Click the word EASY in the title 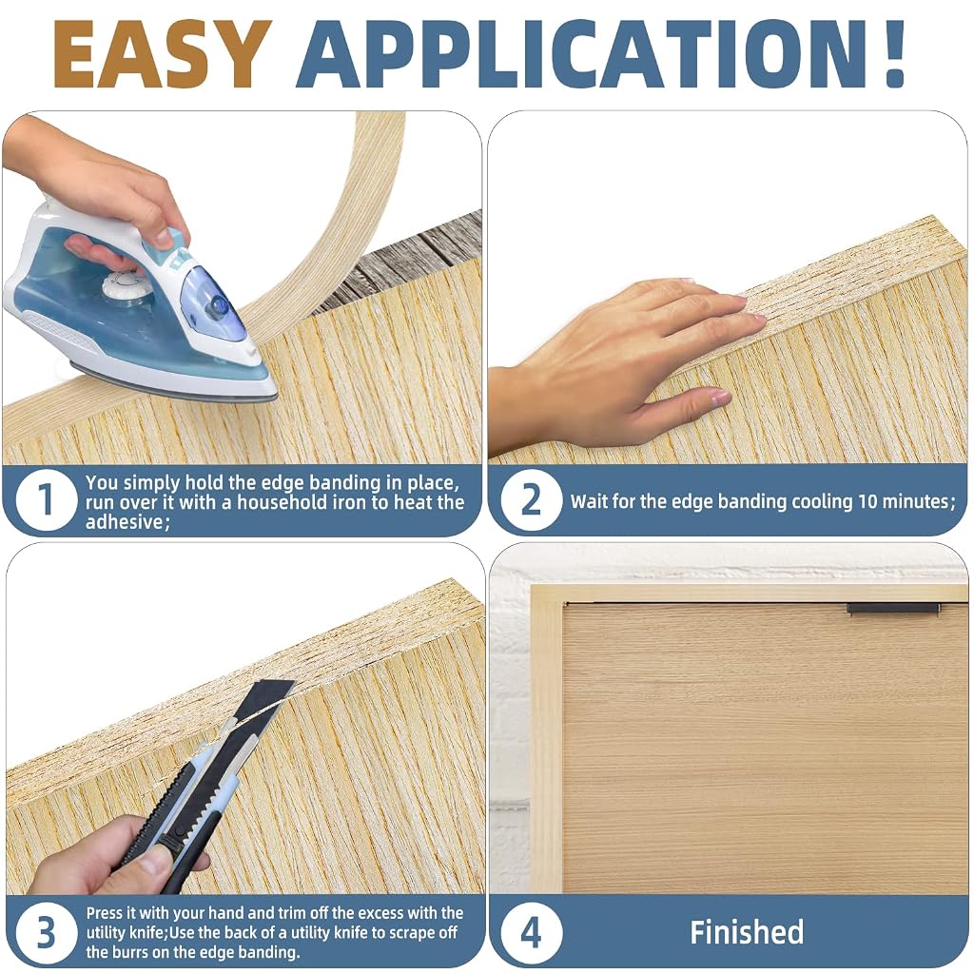click(163, 54)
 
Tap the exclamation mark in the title click(893, 54)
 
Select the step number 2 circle click(531, 500)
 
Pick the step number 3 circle click(46, 932)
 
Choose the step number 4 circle click(531, 932)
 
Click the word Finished click(747, 932)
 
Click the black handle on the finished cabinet click(894, 609)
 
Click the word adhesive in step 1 click(125, 522)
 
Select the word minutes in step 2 click(921, 501)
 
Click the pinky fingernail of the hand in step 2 click(721, 397)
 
